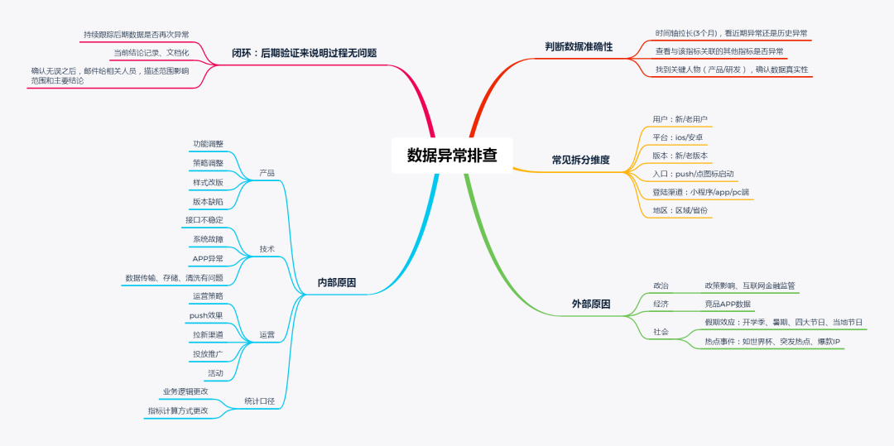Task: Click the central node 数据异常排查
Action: click(452, 155)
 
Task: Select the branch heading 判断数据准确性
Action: click(579, 47)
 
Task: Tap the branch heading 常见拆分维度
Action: click(580, 160)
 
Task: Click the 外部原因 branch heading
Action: click(591, 304)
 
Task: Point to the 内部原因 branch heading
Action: click(337, 282)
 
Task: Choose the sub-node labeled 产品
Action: click(267, 173)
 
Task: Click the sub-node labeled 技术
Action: click(267, 248)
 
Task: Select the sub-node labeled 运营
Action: click(267, 334)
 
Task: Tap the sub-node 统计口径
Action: click(259, 401)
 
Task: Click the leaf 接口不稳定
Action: click(204, 220)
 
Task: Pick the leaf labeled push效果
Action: click(206, 315)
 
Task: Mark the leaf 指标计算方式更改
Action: click(178, 410)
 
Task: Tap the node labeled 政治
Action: click(661, 285)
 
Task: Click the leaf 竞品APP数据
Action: click(728, 304)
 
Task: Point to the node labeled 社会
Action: click(661, 332)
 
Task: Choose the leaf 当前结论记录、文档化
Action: click(151, 53)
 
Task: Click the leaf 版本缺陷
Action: click(208, 201)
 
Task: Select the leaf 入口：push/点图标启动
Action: click(693, 174)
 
